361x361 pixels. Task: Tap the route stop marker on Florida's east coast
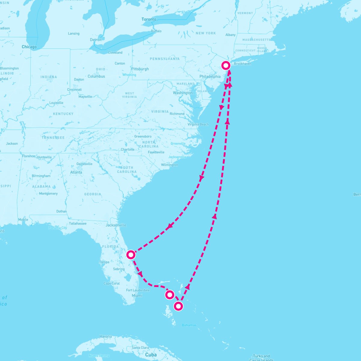[131, 255]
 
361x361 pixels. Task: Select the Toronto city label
[149, 19]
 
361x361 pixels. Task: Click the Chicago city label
[29, 47]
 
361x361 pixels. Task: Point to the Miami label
[137, 295]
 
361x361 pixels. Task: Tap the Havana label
[106, 336]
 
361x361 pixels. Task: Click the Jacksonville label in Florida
[116, 225]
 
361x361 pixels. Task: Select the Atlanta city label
[76, 172]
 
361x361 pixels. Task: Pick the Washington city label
[183, 93]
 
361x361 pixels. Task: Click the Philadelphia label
[210, 76]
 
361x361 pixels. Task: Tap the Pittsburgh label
[140, 69]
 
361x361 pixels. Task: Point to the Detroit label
[96, 40]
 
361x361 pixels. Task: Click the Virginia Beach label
[198, 124]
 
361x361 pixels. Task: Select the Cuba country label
[151, 355]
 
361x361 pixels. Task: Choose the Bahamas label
[189, 325]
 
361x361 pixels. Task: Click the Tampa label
[104, 262]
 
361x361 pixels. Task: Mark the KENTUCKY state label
[63, 114]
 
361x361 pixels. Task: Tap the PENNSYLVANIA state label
[165, 59]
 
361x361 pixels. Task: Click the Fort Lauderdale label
[138, 290]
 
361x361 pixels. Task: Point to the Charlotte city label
[128, 150]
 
